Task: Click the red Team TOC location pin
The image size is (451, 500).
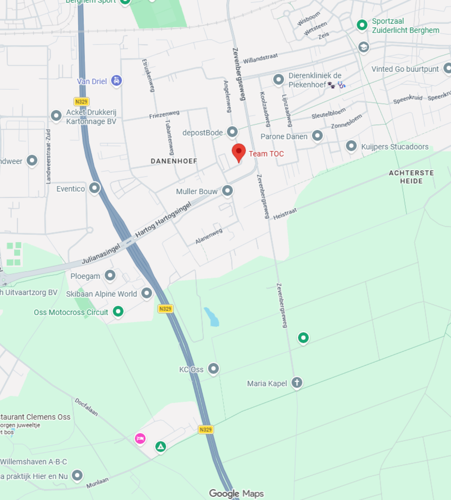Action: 239,152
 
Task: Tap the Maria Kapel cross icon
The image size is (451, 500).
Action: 297,383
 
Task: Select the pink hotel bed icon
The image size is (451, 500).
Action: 140,438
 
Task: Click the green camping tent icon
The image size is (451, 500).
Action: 161,447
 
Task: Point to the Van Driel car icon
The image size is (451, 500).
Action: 116,81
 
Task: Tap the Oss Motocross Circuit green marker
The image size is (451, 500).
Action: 118,311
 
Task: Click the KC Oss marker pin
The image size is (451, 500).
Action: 213,368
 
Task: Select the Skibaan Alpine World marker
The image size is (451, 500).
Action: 146,293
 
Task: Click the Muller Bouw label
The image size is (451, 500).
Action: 197,192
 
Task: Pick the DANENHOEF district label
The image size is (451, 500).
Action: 174,161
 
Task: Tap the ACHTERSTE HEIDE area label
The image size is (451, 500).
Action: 411,177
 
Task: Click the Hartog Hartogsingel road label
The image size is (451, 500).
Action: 163,220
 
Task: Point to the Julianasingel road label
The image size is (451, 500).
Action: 101,254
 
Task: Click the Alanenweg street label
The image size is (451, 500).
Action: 209,236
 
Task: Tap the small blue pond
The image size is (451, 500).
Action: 212,317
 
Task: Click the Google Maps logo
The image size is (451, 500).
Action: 236,494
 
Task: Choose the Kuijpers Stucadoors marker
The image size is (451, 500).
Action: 351,146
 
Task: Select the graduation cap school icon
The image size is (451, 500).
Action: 364,47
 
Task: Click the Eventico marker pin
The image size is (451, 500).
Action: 94,188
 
